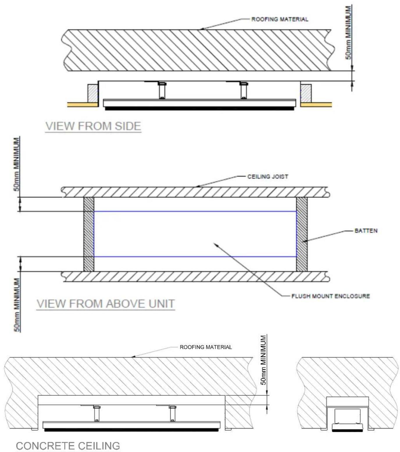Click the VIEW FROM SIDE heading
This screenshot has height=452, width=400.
point(93,126)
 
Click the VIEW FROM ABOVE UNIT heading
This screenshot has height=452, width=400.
point(106,304)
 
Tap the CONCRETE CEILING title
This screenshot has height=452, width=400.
point(68,446)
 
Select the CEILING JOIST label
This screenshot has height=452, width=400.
point(268,177)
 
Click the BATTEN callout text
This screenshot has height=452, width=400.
point(366,231)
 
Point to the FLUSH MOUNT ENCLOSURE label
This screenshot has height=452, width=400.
point(331,296)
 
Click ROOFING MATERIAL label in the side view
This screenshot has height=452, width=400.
point(280,19)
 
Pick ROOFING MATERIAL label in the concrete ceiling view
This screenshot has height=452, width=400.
point(206,347)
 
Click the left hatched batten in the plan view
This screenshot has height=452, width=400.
point(89,234)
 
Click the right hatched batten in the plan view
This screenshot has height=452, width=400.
point(301,234)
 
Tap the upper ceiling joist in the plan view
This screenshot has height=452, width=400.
point(195,192)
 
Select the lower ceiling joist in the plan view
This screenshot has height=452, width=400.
point(195,277)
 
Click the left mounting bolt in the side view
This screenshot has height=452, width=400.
point(162,90)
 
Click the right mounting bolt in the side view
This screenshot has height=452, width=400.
point(244,90)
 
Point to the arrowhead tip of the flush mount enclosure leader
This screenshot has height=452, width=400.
point(214,243)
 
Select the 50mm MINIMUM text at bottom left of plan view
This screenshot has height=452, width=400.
point(17,305)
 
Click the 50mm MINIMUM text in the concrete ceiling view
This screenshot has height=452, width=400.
point(263,360)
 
